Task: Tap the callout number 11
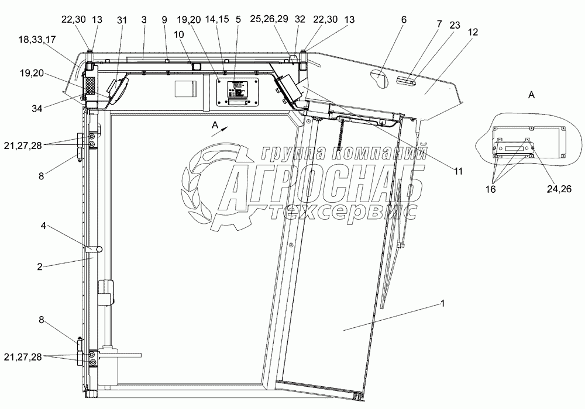(458, 171)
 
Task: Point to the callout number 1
(442, 304)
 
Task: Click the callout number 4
(43, 226)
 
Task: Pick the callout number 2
(40, 266)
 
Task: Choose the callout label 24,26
(559, 189)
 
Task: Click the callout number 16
(490, 189)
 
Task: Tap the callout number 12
(472, 32)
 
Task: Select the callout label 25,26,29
(269, 19)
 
